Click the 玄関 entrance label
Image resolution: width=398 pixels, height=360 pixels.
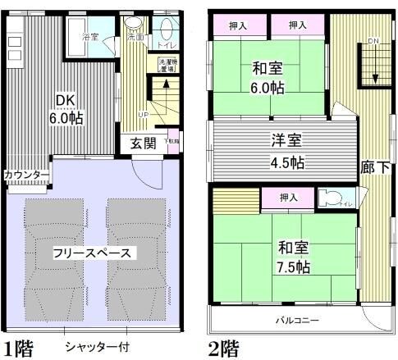coord(144,144)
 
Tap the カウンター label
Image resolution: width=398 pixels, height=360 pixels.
coord(25,175)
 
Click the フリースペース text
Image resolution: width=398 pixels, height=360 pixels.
coord(92,252)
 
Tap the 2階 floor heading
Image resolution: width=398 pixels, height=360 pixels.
coord(223,348)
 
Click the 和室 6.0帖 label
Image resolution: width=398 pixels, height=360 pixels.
coord(268,79)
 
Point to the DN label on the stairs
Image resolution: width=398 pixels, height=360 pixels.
coord(373,41)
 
